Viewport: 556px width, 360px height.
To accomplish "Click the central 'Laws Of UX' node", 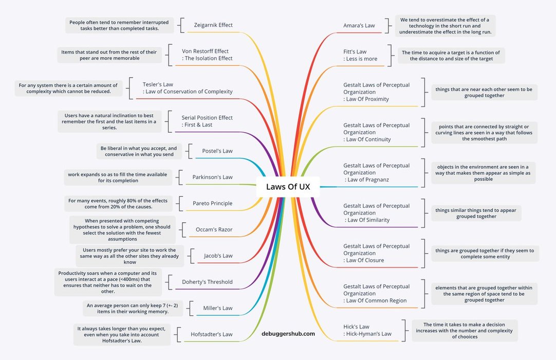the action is [x=288, y=187].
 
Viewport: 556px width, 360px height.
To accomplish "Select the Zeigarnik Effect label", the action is [x=213, y=25].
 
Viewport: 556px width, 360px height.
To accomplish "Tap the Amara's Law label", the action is [x=359, y=25].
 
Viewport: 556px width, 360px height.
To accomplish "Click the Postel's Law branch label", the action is [x=217, y=151].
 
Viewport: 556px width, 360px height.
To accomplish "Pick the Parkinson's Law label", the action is [x=212, y=177].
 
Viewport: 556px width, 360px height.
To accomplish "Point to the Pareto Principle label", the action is [x=212, y=204].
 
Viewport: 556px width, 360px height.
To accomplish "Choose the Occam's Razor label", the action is [x=214, y=230].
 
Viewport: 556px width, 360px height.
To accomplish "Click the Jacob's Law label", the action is [x=218, y=256].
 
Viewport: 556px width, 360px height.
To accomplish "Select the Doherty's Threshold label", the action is [x=207, y=282].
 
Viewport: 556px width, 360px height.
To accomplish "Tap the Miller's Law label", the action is [x=218, y=308].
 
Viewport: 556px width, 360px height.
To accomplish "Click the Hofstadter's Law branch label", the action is [x=211, y=334].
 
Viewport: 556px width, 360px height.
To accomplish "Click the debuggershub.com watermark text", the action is [x=288, y=334].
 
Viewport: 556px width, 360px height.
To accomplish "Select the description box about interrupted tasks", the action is [x=120, y=25].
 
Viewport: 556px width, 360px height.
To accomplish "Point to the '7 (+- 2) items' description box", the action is [x=133, y=309].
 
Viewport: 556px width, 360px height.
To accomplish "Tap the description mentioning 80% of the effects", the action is [x=118, y=204].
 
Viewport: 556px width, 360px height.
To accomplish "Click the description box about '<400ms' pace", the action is [x=108, y=282].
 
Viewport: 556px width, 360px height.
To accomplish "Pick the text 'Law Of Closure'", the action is [x=365, y=260].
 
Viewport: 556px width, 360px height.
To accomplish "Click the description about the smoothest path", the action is [x=484, y=133].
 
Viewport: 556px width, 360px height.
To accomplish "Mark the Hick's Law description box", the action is [x=465, y=331].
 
